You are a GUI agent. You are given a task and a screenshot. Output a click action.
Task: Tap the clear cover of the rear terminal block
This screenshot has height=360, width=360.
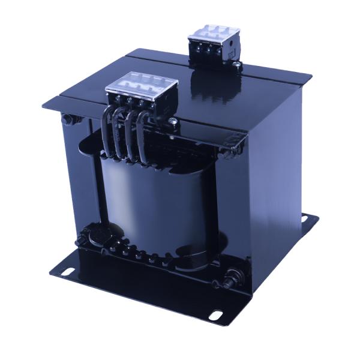(211, 32)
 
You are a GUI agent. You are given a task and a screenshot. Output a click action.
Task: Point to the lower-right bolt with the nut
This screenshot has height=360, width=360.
(229, 279)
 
